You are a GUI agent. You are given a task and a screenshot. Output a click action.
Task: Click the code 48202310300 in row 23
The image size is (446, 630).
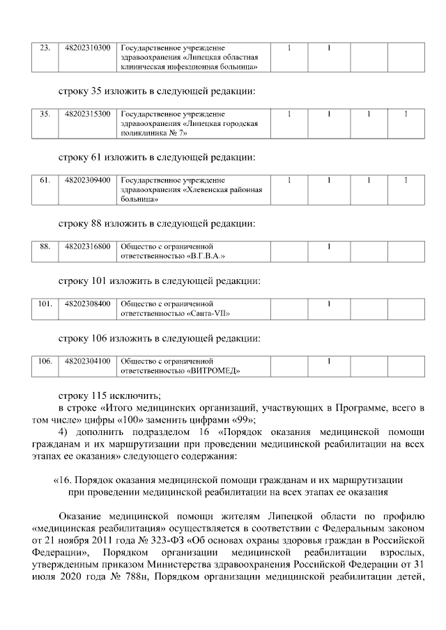pyautogui.click(x=87, y=48)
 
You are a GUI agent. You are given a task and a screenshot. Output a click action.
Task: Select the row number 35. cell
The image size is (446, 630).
pyautogui.click(x=45, y=113)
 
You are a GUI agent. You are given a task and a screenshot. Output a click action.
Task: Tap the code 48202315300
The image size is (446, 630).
pyautogui.click(x=87, y=113)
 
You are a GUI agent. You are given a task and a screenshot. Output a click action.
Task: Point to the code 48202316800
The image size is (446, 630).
pyautogui.click(x=87, y=246)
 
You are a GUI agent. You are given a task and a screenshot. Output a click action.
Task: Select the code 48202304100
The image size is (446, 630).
pyautogui.click(x=87, y=361)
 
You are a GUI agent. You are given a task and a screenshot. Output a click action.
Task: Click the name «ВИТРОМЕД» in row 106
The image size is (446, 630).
pyautogui.click(x=213, y=370)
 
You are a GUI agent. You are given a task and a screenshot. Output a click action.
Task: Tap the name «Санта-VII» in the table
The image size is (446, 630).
pyautogui.click(x=208, y=313)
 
